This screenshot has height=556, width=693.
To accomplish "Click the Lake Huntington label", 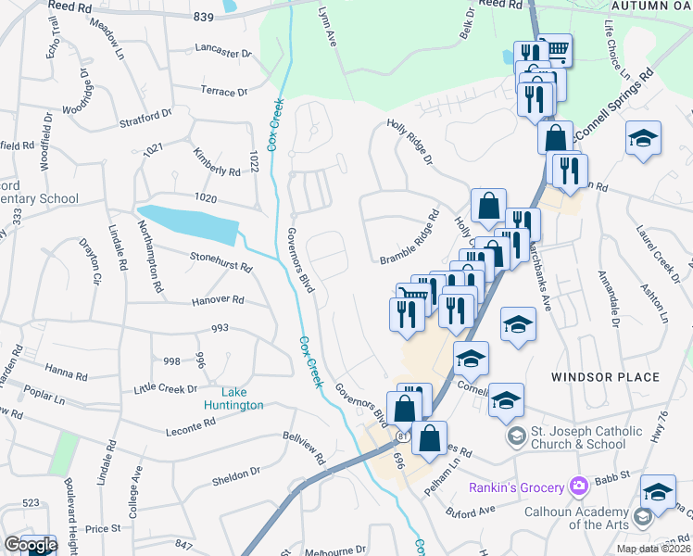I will point(234,398).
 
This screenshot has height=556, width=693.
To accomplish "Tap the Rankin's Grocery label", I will point(516,487).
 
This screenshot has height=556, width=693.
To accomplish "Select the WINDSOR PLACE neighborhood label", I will point(605,377).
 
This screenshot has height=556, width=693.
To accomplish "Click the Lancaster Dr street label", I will point(223,52).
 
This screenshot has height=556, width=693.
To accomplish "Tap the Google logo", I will point(30,545).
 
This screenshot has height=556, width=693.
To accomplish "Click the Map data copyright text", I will point(650,549).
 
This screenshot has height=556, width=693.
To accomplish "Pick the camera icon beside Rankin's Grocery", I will point(579,486).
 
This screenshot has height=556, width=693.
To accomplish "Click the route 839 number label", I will point(204,17).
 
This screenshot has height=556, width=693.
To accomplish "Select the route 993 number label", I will point(220,328).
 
